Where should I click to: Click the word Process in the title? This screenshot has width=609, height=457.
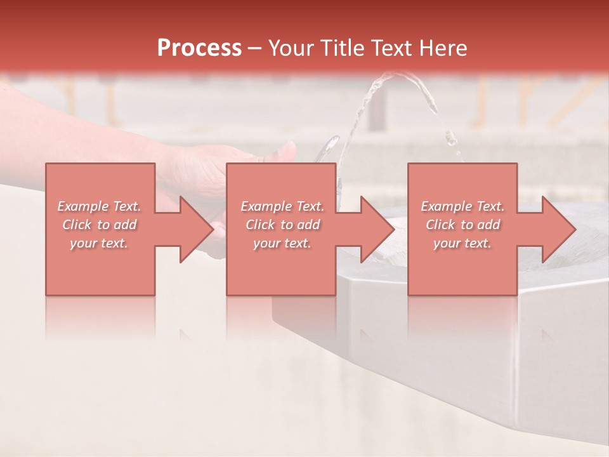coord(199,48)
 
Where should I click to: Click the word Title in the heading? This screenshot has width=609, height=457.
coord(340,48)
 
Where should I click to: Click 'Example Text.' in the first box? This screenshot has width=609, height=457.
coord(99,206)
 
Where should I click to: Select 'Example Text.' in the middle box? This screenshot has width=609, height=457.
coord(282,206)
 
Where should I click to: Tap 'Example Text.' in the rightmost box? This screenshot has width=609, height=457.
coord(462,206)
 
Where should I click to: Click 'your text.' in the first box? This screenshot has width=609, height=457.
coord(99,243)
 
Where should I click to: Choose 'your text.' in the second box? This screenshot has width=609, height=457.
coord(282,243)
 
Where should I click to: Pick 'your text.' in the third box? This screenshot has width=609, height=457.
coord(462,243)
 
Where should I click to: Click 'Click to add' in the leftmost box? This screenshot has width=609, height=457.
coord(99,225)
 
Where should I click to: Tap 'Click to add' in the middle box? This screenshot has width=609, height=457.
coord(282,225)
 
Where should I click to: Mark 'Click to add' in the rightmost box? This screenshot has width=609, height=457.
coord(462,225)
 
